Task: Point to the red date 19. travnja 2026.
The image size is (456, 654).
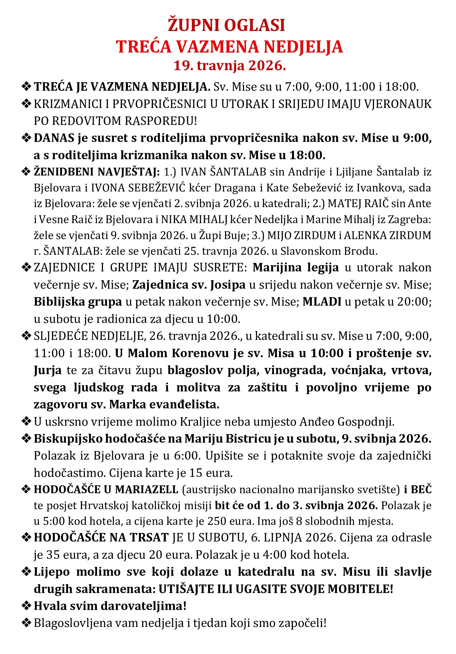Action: click(230, 66)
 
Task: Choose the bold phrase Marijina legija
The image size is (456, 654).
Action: click(296, 268)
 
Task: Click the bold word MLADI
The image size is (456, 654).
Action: click(322, 302)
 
